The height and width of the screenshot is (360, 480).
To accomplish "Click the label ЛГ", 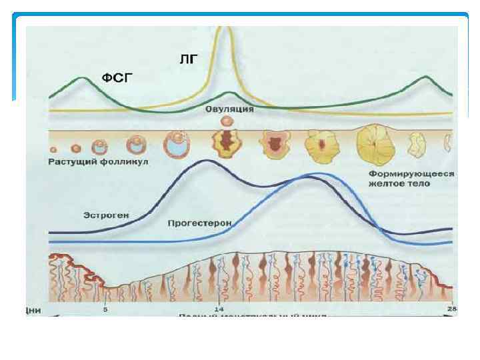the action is click(189, 59).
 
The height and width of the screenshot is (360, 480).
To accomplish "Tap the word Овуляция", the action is click(229, 109).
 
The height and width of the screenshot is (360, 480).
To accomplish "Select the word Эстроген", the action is click(106, 215).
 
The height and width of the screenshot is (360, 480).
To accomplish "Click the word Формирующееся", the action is click(411, 173).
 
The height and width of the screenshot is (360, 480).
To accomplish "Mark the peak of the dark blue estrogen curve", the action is click(205, 161).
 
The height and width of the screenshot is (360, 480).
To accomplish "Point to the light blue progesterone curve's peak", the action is click(313, 174).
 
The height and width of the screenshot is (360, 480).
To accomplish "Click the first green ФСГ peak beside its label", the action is click(81, 77).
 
